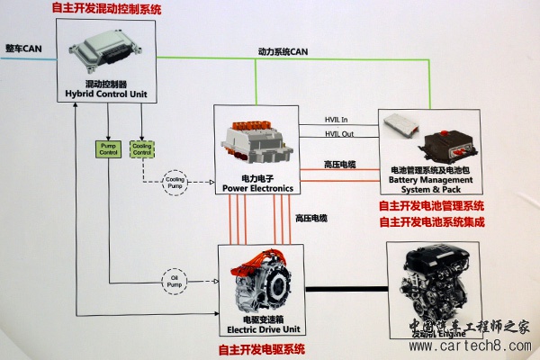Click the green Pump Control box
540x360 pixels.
click(108, 148)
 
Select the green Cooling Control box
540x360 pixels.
click(142, 148)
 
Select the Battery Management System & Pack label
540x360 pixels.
click(429, 184)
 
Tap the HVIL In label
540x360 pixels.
click(337, 120)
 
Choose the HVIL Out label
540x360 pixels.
click(339, 135)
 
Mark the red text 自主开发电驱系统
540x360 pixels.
click(262, 348)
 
